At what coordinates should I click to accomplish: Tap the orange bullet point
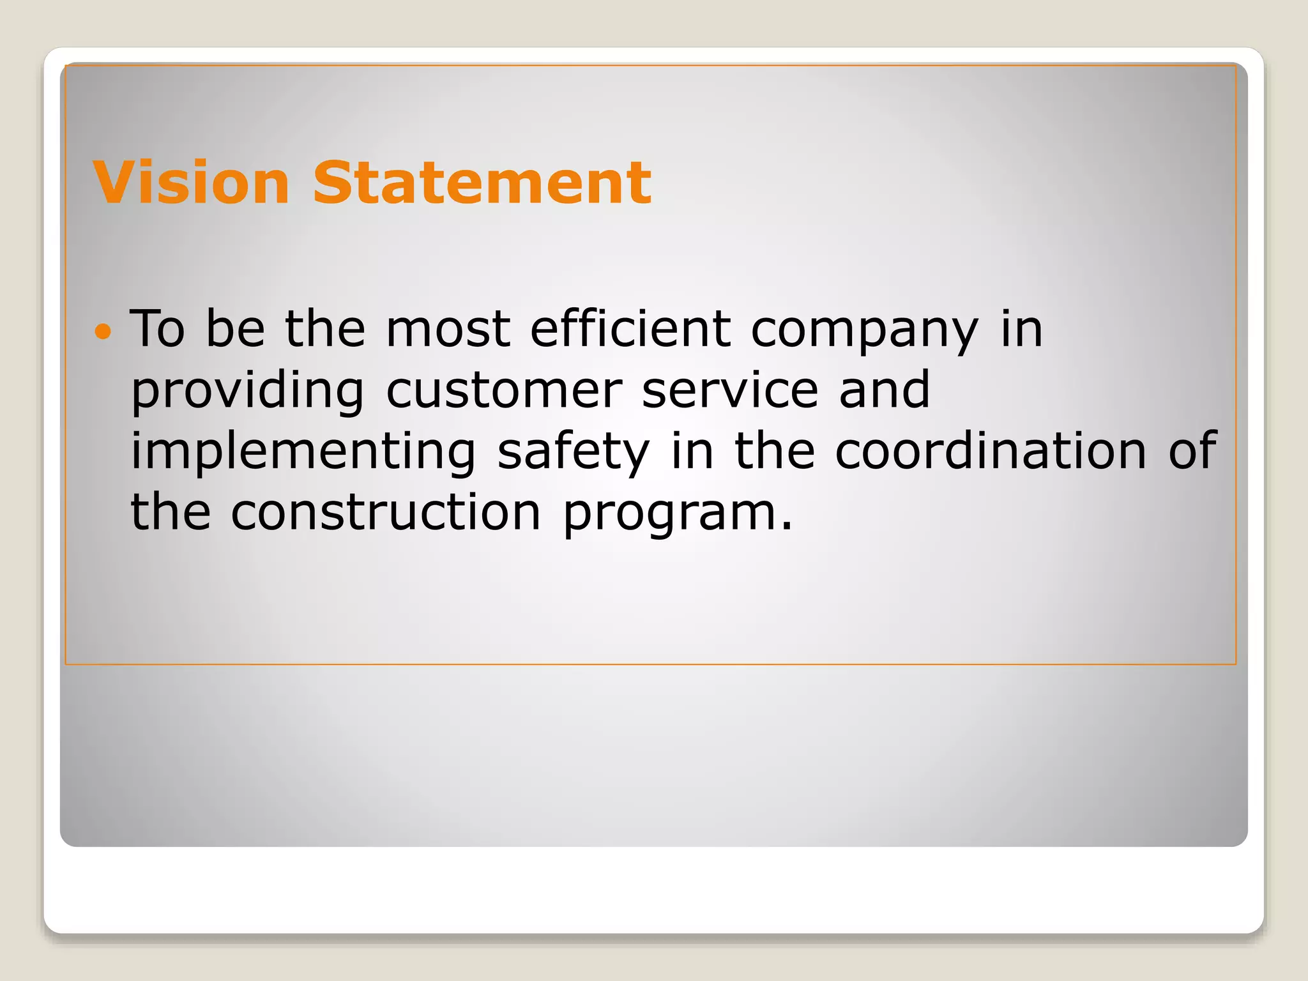click(x=102, y=331)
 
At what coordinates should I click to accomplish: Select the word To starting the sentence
click(x=157, y=329)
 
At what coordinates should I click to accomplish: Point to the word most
click(x=448, y=329)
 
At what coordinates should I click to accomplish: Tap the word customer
click(x=504, y=391)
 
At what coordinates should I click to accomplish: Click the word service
click(x=730, y=391)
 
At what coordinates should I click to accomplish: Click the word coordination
click(x=991, y=451)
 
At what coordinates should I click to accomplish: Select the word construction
click(x=386, y=513)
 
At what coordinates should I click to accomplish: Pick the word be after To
click(x=235, y=329)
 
